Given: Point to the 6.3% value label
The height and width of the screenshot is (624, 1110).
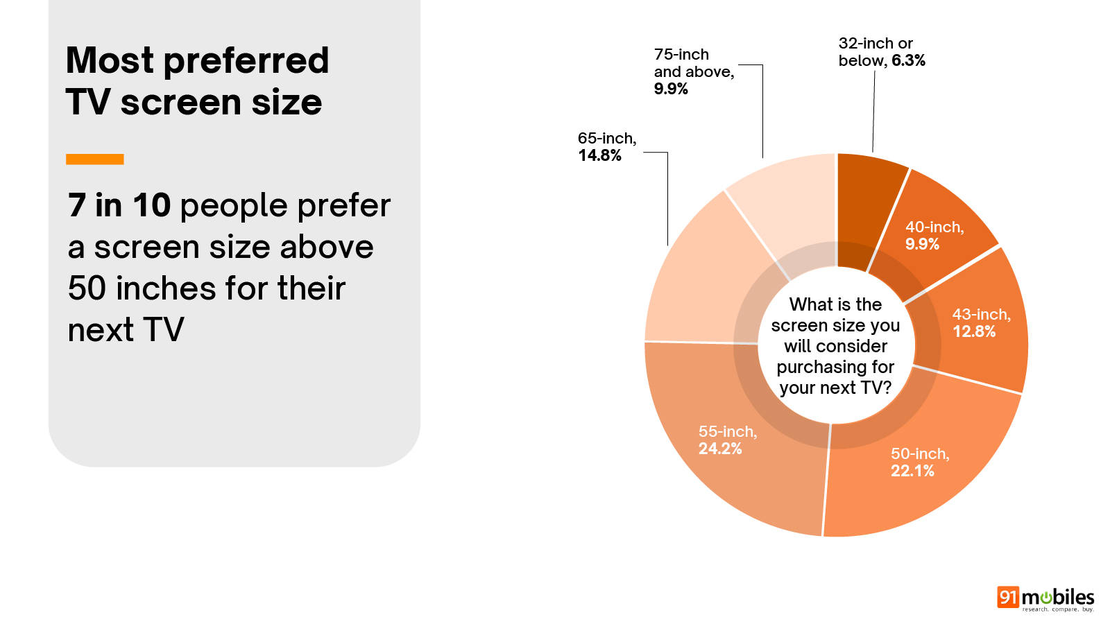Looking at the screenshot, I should pos(908,61).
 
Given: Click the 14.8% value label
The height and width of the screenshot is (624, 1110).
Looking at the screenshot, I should pos(600,156).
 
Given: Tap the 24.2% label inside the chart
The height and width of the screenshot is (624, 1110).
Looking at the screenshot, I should pos(720,449).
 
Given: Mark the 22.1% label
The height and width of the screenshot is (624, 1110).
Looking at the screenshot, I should pos(912,471).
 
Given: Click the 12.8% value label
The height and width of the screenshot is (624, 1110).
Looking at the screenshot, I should pos(974,332).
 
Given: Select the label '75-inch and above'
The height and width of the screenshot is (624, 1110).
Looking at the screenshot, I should pos(693,63).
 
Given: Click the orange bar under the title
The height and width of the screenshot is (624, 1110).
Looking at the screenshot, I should pos(95,159).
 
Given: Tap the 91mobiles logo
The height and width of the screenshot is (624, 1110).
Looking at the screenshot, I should pos(1045,598).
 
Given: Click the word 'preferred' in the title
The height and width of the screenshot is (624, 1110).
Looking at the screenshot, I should pos(246,61).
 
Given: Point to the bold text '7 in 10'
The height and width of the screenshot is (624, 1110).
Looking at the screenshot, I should pos(119,206).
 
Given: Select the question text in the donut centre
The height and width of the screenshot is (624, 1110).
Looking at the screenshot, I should pos(835,346).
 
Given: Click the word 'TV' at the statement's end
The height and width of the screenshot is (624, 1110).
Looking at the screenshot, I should pos(164,330).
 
